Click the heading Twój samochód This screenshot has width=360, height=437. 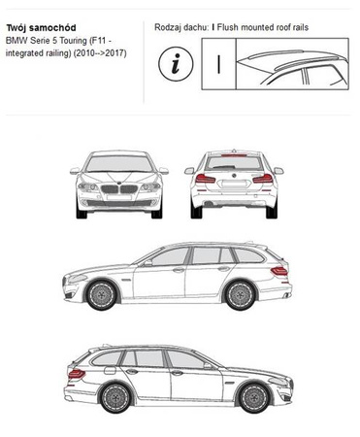click(x=41, y=28)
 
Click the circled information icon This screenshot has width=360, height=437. click(x=176, y=63)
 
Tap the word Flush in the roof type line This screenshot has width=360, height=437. click(x=228, y=27)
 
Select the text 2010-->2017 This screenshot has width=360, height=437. click(x=100, y=53)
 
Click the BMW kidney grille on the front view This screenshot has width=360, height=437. click(x=119, y=188)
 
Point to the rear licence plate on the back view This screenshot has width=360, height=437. click(x=234, y=185)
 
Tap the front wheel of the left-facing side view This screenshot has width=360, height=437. click(x=102, y=295)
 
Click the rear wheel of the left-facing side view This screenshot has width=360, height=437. click(x=241, y=295)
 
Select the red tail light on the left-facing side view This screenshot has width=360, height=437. click(x=279, y=271)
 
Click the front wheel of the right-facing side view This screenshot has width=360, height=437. click(x=254, y=397)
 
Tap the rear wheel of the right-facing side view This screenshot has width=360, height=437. click(x=115, y=397)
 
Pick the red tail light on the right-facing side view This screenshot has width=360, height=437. click(x=77, y=374)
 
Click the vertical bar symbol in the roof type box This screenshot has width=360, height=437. click(x=219, y=64)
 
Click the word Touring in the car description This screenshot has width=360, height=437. click(x=73, y=41)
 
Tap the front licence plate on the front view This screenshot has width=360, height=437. click(x=119, y=197)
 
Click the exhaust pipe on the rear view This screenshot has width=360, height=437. click(x=210, y=204)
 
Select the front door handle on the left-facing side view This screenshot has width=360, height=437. click(x=179, y=270)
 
